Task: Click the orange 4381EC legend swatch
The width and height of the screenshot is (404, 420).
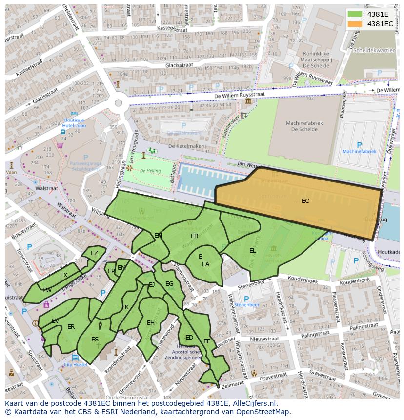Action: [355, 23]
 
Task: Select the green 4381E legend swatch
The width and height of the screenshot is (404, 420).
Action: [355, 14]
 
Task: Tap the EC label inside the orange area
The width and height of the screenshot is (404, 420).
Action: [305, 201]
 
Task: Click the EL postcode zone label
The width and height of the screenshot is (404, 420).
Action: [252, 251]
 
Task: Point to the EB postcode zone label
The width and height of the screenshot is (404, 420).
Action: [194, 236]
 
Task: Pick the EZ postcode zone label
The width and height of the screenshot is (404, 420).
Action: [94, 253]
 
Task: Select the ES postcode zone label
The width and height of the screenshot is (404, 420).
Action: [95, 340]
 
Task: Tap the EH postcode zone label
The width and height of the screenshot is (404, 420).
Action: [151, 323]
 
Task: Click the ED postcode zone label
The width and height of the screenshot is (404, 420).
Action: [189, 338]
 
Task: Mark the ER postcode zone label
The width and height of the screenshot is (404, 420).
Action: [71, 327]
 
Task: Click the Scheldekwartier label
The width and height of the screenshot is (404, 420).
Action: [374, 50]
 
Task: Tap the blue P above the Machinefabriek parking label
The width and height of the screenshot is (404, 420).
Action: [360, 145]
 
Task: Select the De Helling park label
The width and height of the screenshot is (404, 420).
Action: [149, 171]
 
